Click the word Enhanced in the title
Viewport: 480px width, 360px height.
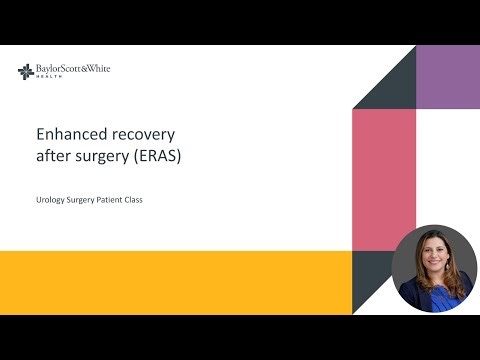[67, 133]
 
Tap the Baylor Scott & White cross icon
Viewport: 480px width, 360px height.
[26, 71]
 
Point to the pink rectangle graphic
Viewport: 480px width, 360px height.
[383, 180]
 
